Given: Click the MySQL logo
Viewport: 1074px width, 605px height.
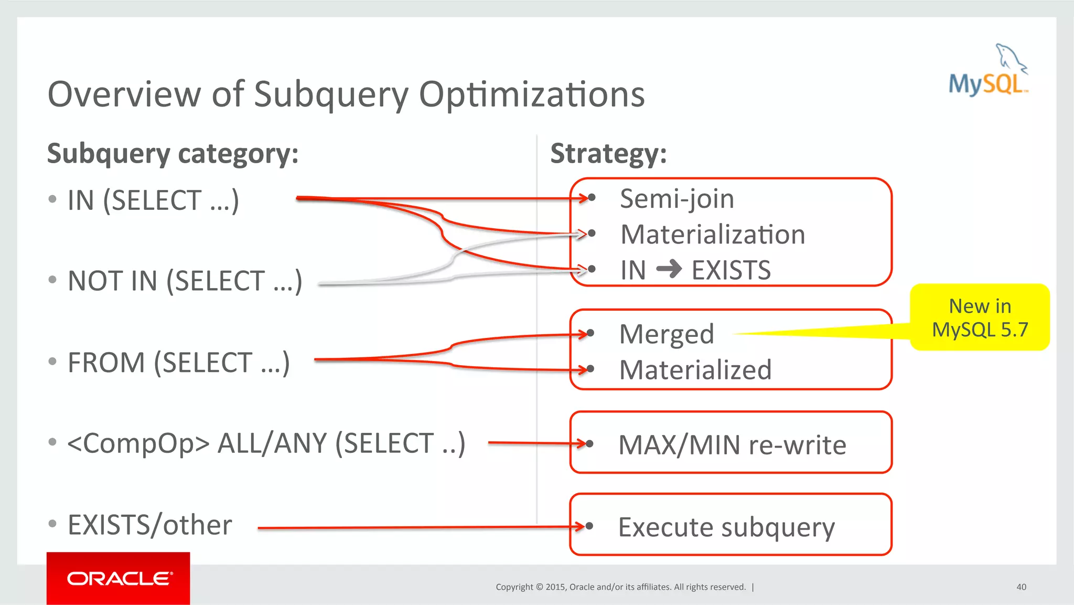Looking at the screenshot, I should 988,71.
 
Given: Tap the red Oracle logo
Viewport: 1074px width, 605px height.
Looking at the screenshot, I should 119,578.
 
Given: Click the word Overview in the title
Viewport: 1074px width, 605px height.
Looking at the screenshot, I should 124,94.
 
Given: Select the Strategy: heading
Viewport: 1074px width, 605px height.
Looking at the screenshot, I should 608,154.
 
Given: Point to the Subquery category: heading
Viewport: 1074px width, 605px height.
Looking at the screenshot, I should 173,154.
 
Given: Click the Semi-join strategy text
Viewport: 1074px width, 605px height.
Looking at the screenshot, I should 677,199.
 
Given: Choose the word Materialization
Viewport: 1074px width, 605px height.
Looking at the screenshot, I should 713,235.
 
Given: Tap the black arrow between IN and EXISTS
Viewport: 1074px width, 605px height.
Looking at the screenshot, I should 669,270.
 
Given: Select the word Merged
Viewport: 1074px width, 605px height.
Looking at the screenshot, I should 667,334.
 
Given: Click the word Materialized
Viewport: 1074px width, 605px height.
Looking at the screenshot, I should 695,370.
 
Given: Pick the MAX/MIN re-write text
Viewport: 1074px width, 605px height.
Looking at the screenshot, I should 732,445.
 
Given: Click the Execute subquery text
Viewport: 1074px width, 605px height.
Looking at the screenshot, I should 726,527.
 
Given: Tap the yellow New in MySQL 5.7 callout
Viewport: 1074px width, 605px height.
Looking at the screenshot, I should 980,317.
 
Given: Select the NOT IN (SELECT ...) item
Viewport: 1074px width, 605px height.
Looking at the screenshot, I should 185,281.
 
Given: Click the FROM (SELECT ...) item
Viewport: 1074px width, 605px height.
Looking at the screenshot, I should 178,363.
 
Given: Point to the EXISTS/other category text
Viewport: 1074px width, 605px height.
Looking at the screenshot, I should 150,525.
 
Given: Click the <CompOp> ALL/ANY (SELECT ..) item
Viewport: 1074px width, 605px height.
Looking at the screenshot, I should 266,443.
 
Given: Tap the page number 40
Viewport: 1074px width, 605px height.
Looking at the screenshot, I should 1021,587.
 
